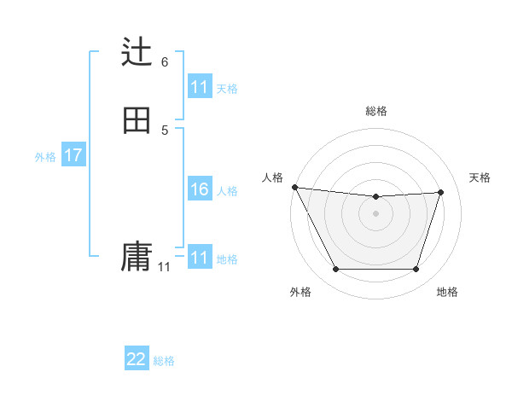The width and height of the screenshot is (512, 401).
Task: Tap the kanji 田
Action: [x=137, y=120]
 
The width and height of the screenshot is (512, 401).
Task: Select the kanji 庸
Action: [x=137, y=257]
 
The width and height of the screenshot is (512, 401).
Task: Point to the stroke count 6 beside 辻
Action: [x=165, y=62]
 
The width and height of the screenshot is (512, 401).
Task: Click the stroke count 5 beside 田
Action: [x=165, y=130]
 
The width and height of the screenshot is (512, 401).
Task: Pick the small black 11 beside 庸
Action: [x=164, y=267]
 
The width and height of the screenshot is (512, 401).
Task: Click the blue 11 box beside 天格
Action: [x=200, y=87]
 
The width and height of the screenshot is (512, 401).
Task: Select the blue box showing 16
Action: [x=200, y=189]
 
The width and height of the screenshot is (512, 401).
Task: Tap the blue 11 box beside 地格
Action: [x=200, y=258]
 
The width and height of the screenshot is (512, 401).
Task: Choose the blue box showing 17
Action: [x=73, y=155]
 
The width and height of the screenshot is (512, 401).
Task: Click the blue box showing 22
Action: [x=137, y=359]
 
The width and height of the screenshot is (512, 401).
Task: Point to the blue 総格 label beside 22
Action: [x=165, y=361]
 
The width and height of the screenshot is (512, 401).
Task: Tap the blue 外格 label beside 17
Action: [x=45, y=157]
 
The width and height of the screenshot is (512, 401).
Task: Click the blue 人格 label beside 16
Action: [x=228, y=191]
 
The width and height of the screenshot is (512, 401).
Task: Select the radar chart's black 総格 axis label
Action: [x=376, y=111]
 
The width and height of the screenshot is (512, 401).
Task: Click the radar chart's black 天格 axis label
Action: [x=480, y=177]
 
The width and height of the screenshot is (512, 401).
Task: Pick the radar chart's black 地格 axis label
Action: [x=448, y=292]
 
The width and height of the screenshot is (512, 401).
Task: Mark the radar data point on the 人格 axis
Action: [x=294, y=187]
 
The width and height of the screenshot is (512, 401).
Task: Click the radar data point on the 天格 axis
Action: [x=441, y=192]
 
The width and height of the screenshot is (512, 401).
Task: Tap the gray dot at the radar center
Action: [x=376, y=213]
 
